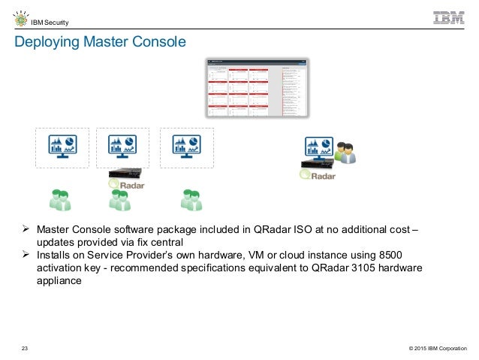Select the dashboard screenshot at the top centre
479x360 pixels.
coord(257,86)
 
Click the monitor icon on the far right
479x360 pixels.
coord(318,147)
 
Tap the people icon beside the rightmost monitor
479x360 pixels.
coord(345,152)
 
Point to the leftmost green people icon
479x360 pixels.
coord(60,199)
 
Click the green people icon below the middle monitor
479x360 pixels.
coord(120,199)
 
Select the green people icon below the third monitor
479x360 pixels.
coord(191,199)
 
